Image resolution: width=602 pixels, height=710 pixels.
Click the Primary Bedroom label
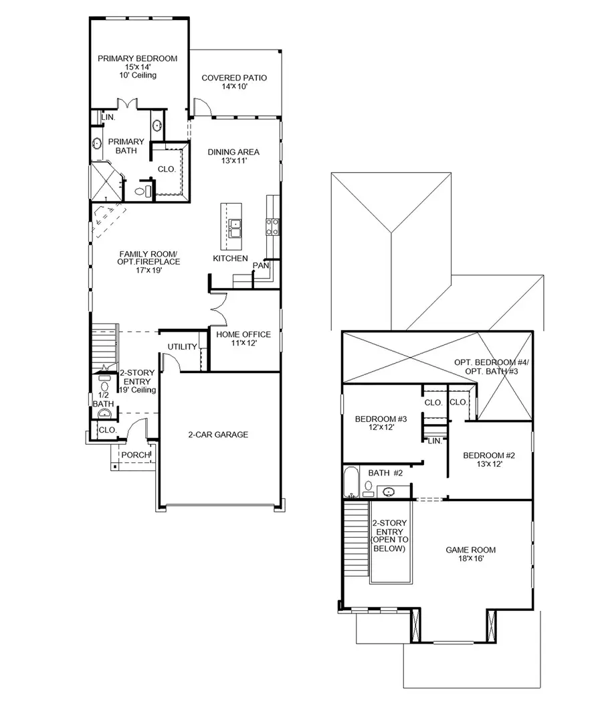click(x=137, y=59)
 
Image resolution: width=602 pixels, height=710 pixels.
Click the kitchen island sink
click(x=235, y=228)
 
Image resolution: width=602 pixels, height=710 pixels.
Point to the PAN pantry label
click(x=260, y=266)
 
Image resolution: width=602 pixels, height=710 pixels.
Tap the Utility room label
click(x=182, y=347)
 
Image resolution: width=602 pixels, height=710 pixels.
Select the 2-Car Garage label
click(x=217, y=435)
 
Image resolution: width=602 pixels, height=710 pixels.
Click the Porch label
click(x=135, y=455)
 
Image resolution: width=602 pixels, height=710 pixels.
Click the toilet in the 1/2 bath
click(x=104, y=387)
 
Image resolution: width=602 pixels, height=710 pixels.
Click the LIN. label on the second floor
click(x=434, y=441)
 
